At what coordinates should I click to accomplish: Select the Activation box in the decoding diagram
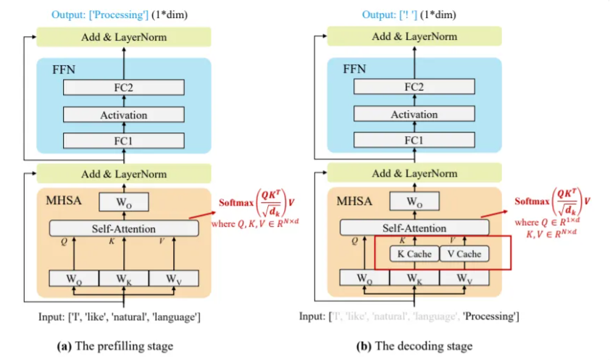coord(414,114)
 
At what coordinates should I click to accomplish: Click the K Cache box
coord(414,254)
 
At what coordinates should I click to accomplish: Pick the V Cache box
coord(463,254)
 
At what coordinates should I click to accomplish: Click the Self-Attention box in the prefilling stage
coord(123,228)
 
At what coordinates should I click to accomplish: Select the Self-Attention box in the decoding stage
coord(414,228)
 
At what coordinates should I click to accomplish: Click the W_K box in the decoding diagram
coord(414,278)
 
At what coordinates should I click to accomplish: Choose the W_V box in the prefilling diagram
coord(172,278)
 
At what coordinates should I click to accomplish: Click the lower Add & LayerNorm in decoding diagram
coord(414,174)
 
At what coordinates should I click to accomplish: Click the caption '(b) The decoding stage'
coord(414,346)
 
